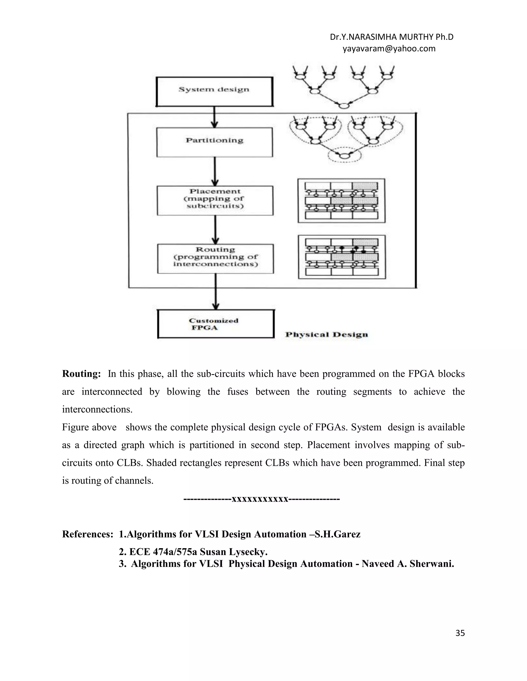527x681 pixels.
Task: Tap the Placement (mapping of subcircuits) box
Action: (215, 200)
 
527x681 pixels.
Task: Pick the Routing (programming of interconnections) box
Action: (215, 259)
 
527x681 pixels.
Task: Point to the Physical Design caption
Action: (327, 335)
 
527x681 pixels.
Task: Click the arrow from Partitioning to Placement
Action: (215, 171)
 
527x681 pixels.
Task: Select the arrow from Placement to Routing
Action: (215, 229)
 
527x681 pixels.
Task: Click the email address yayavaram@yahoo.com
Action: (389, 49)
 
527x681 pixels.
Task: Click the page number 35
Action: (460, 633)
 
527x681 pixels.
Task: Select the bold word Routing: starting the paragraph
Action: (81, 374)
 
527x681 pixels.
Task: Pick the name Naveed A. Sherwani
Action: (407, 564)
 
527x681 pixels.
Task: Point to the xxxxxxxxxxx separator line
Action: (261, 499)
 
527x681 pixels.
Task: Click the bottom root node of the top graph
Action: (344, 106)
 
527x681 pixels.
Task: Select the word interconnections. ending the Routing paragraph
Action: (97, 409)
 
